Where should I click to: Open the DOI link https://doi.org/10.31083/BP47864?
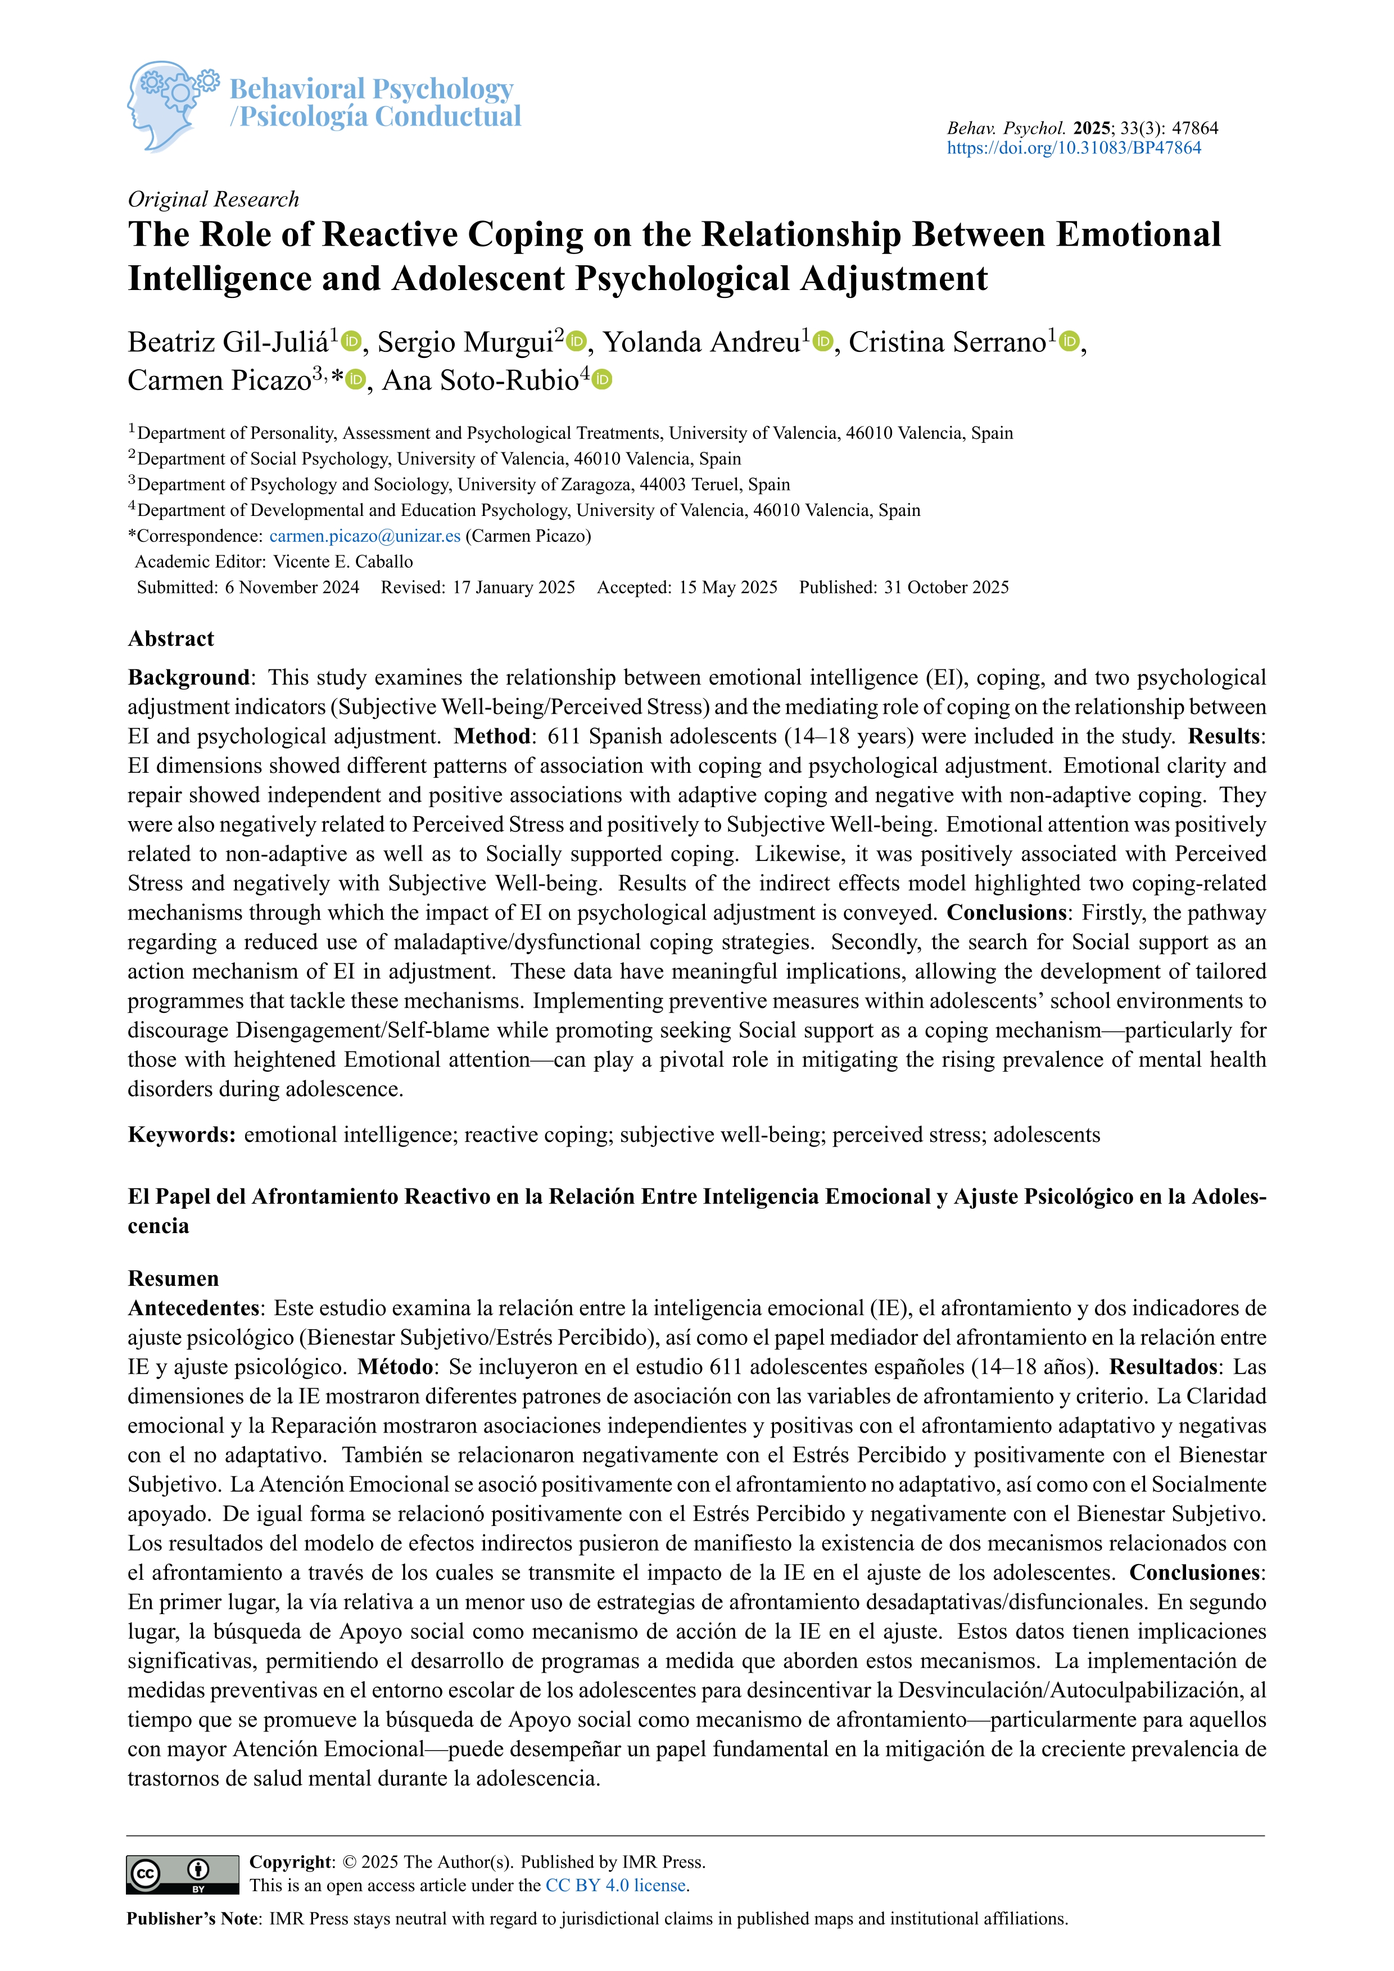point(1073,148)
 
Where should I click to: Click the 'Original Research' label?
point(213,199)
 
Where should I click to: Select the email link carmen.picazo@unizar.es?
point(365,536)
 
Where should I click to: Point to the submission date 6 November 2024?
point(292,587)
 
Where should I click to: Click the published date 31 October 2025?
point(946,587)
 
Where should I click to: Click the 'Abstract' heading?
point(171,638)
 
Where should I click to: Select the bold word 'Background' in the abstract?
point(188,677)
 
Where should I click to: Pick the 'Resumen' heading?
point(173,1278)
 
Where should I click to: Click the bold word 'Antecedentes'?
point(194,1307)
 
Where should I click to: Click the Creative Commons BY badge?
point(183,1874)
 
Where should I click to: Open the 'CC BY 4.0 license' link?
point(615,1885)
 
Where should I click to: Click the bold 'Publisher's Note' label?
point(193,1919)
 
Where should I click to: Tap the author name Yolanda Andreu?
point(701,342)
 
